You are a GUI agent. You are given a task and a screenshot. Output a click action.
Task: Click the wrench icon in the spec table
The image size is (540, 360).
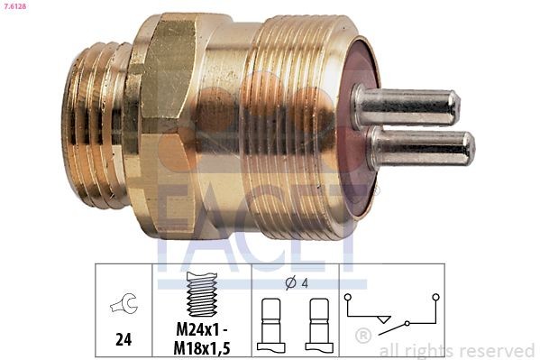point(123,306)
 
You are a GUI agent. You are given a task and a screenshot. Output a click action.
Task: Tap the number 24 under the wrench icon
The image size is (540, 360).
point(124,340)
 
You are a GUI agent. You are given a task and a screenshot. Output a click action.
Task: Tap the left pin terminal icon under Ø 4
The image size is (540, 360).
point(270,325)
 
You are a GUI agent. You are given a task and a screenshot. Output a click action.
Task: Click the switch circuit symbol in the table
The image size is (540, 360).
point(391,311)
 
